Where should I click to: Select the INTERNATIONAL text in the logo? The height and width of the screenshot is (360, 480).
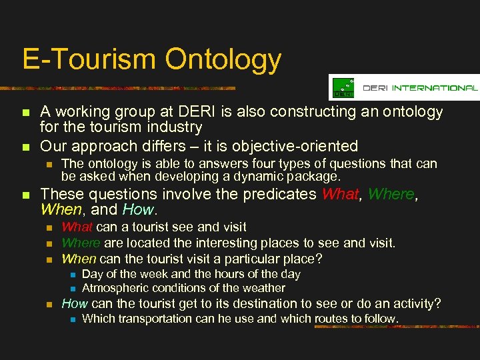434,88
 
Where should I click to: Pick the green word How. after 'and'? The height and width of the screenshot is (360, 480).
138,209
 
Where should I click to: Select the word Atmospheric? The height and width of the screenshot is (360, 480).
113,289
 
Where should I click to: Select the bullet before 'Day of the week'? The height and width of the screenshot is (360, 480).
73,275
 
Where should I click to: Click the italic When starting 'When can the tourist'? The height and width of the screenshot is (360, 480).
77,258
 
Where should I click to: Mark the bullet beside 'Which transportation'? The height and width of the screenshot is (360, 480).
73,319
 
